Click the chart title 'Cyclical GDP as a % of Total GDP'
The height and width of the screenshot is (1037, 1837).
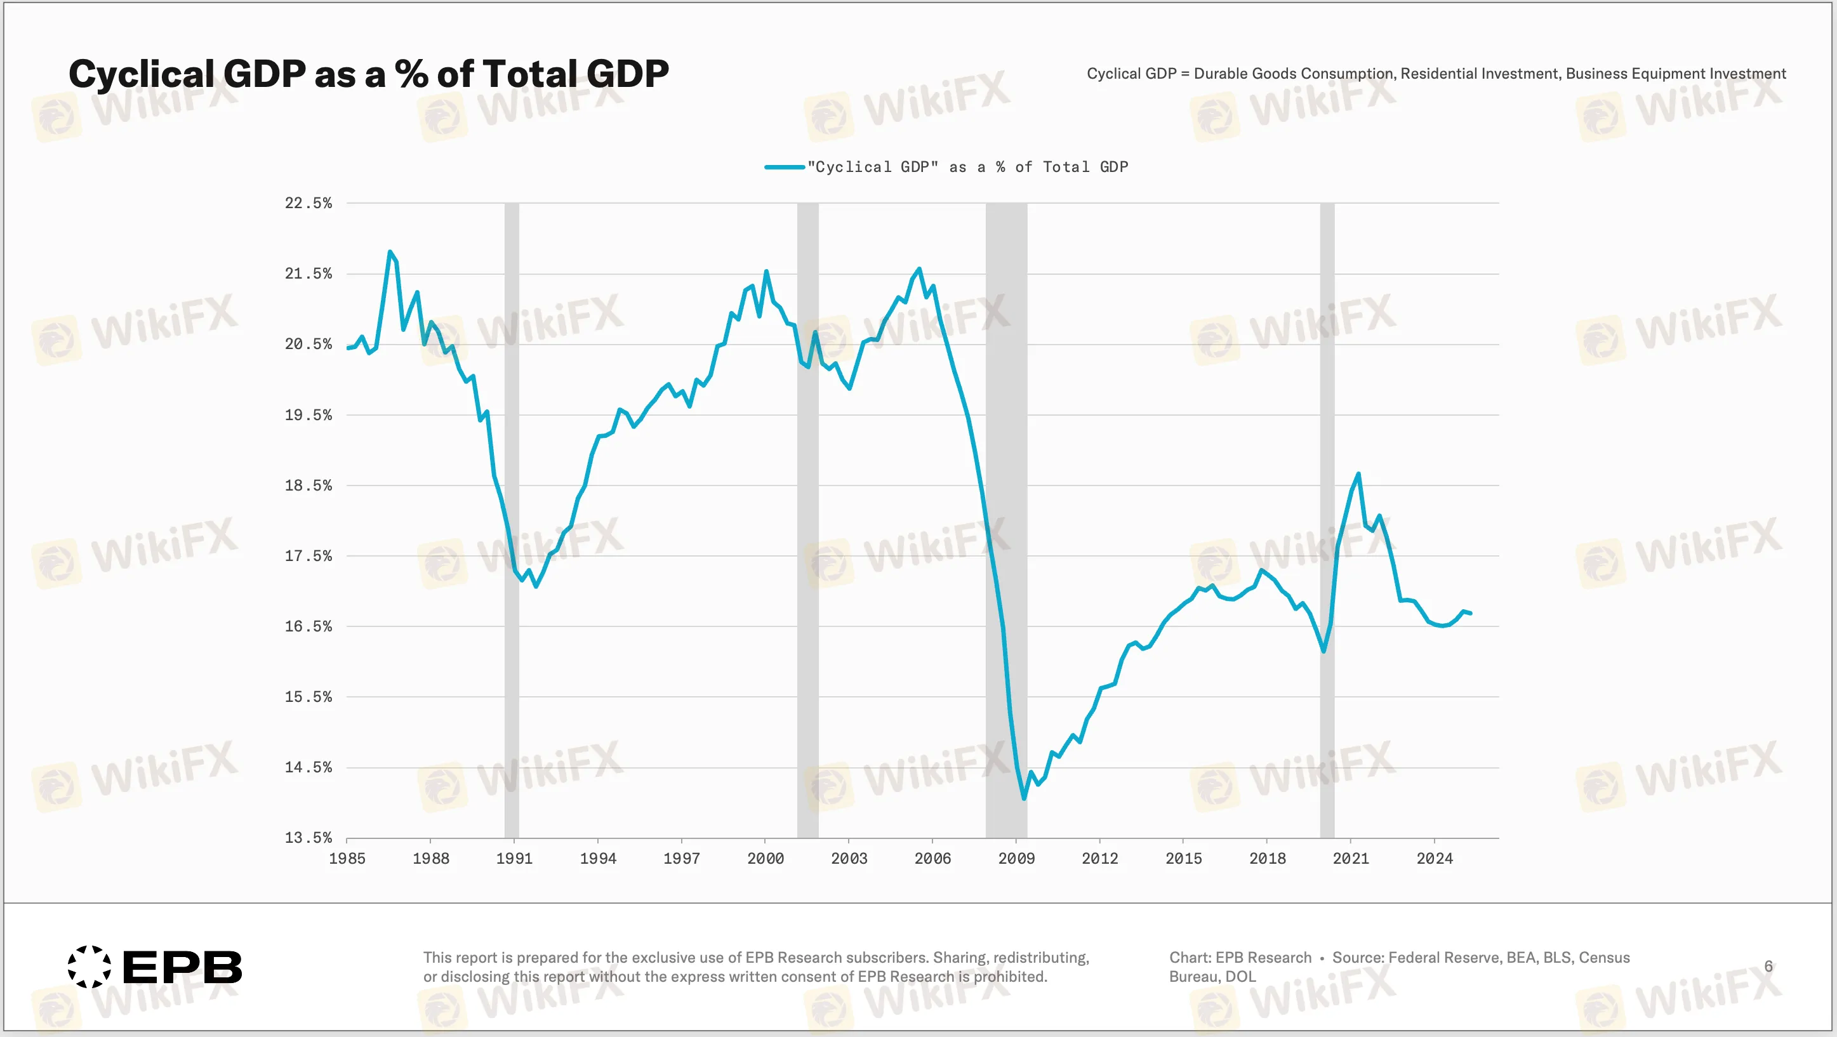368,74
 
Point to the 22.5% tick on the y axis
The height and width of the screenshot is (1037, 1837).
308,203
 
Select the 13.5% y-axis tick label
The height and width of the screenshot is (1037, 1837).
308,837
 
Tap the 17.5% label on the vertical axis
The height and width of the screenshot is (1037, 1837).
308,555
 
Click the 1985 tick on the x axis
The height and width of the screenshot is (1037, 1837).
347,858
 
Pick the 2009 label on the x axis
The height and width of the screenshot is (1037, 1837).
1016,858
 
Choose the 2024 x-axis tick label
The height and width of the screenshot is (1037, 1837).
1434,858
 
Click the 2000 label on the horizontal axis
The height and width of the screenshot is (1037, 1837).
765,858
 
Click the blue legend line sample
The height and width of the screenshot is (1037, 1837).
785,167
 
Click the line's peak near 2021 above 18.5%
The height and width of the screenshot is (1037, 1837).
1358,473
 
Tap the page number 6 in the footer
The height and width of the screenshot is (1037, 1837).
1768,966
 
